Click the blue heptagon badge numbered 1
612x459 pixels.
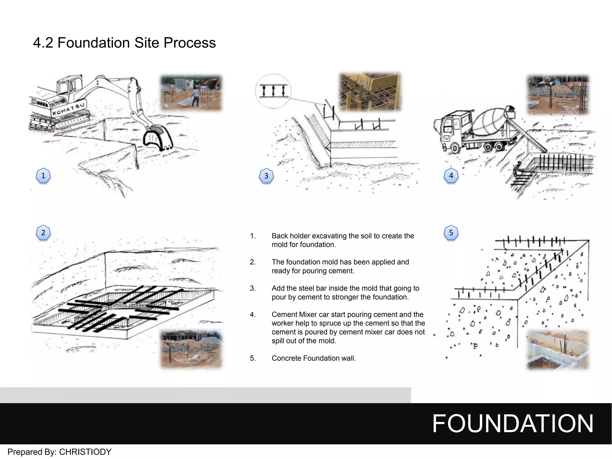point(43,176)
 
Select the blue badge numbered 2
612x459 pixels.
point(43,233)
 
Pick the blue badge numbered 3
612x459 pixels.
point(266,176)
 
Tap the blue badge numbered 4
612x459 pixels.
point(451,176)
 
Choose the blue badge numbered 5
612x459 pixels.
point(451,233)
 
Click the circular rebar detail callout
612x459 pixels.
point(273,91)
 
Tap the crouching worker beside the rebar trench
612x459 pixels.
point(517,170)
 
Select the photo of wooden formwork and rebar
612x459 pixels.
point(370,92)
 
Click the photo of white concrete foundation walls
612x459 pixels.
point(557,350)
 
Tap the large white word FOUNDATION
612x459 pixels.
point(512,423)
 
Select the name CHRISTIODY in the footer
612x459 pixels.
point(85,452)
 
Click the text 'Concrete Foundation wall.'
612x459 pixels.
point(313,358)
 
